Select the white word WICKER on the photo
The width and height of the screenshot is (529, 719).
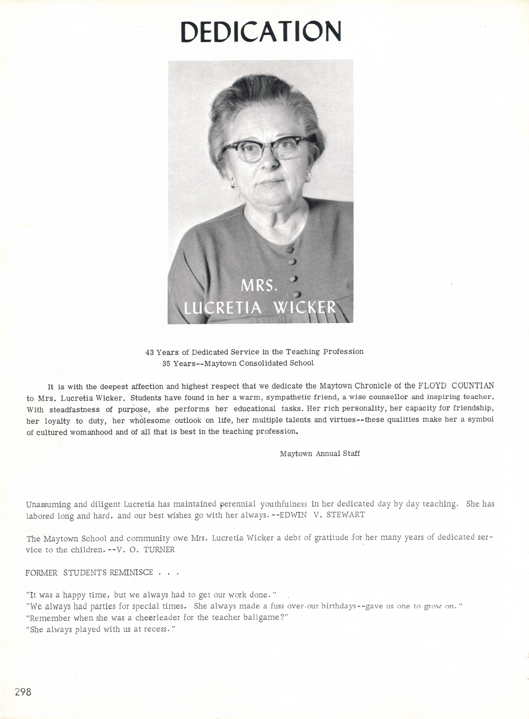(304, 308)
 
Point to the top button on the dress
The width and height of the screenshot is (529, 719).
(290, 249)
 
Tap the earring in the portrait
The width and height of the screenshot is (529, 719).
(233, 184)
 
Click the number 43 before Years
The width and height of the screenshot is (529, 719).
(150, 352)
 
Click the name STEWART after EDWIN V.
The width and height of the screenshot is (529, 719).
(346, 515)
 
